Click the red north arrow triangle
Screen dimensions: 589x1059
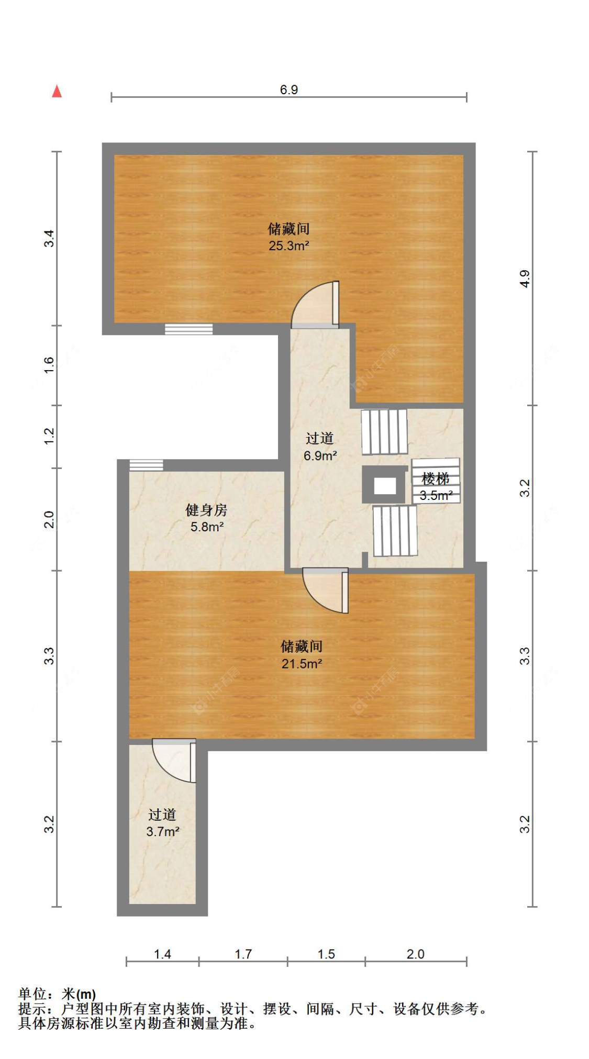[x=57, y=92]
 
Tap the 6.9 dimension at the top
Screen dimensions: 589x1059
[x=288, y=90]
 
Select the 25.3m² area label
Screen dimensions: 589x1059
[x=288, y=246]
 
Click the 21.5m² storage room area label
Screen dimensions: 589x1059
[x=302, y=663]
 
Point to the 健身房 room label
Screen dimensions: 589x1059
[x=206, y=510]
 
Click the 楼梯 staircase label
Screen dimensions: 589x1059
[x=436, y=478]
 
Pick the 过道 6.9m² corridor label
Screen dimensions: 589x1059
[x=320, y=447]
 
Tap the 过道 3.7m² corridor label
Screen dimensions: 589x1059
[x=162, y=823]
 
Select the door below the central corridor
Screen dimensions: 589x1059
[x=326, y=590]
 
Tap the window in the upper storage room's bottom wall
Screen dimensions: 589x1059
[x=188, y=329]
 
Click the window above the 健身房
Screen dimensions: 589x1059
[x=146, y=465]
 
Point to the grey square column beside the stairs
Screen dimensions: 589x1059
[x=385, y=485]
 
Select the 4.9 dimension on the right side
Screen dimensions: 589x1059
[x=525, y=278]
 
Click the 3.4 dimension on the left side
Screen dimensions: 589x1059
[x=49, y=239]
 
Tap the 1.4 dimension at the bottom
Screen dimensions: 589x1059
[x=162, y=954]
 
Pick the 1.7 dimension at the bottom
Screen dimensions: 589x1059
[x=243, y=954]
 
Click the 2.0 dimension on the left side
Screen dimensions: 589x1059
[x=49, y=519]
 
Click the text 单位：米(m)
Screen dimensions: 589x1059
[x=57, y=994]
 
